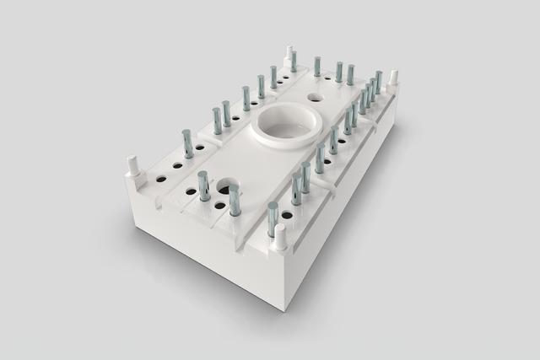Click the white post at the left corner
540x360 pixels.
coord(132,164)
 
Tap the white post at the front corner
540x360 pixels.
coord(278,239)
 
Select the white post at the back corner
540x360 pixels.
coord(289,56)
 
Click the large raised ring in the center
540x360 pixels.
coord(283,126)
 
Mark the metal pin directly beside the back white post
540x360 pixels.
coord(294,60)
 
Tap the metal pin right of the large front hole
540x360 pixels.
coord(234,200)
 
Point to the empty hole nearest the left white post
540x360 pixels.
coord(159,179)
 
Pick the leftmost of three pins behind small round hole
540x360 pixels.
coord(318,66)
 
